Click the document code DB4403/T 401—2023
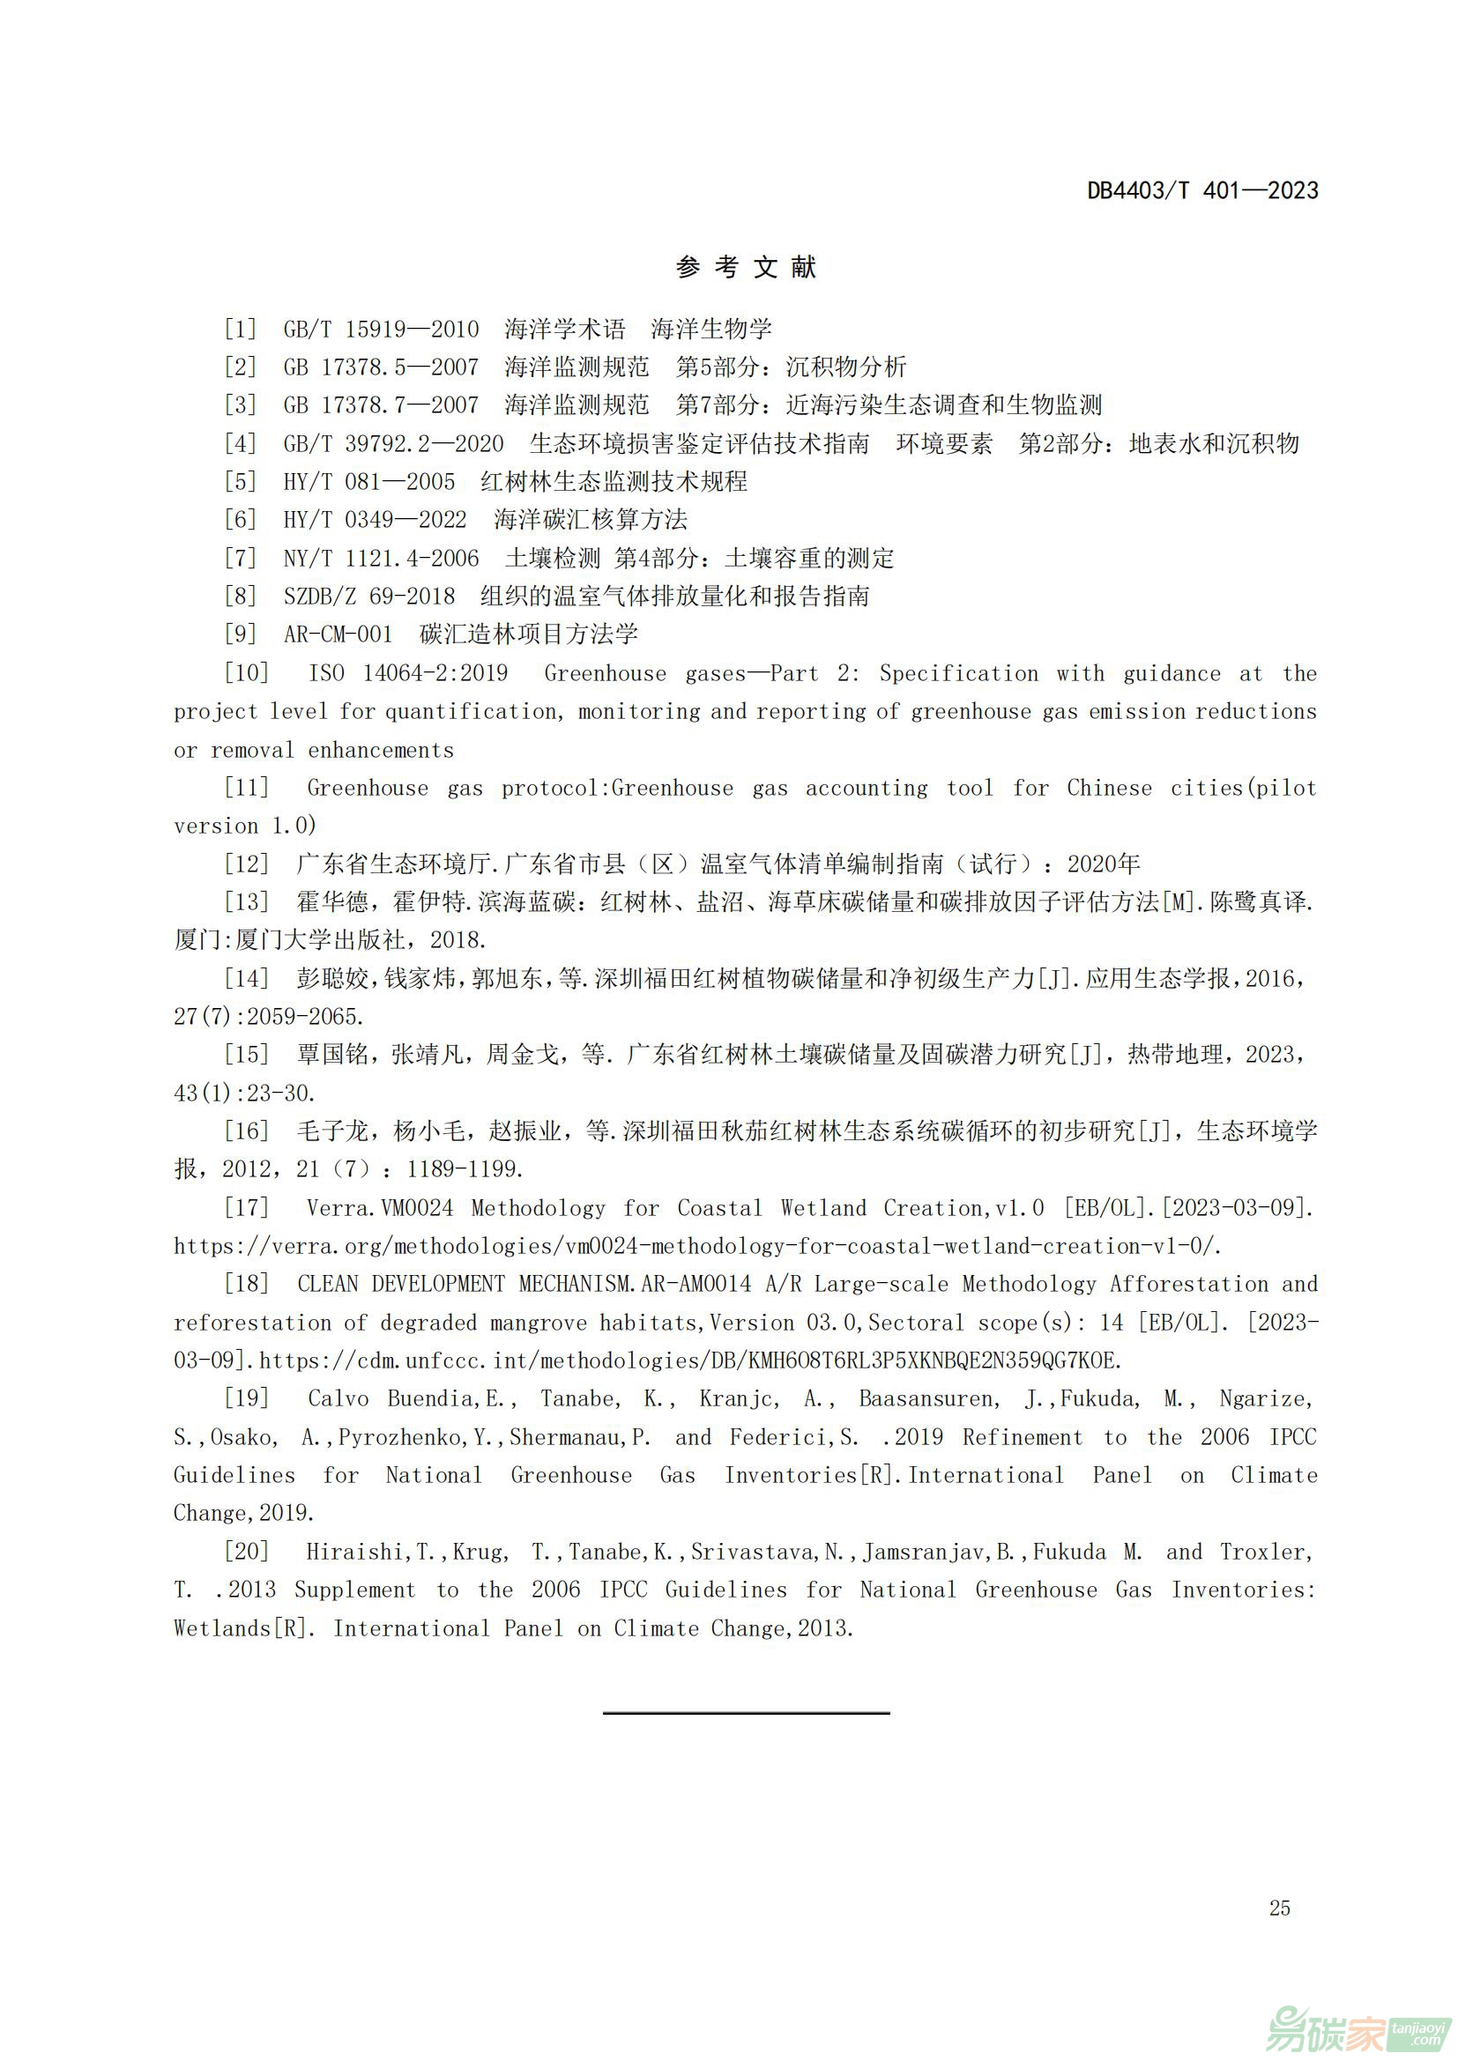[1202, 190]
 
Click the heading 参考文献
[746, 267]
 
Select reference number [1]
[240, 329]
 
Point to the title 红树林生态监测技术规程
[614, 482]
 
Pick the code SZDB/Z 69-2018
[369, 596]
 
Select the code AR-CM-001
[338, 634]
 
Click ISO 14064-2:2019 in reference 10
[408, 673]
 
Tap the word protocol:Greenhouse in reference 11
[617, 788]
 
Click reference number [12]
[246, 864]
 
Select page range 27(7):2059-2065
[269, 1016]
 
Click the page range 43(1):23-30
[244, 1093]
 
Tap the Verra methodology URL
[696, 1246]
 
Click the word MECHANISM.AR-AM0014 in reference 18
[635, 1284]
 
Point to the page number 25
[1279, 1908]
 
